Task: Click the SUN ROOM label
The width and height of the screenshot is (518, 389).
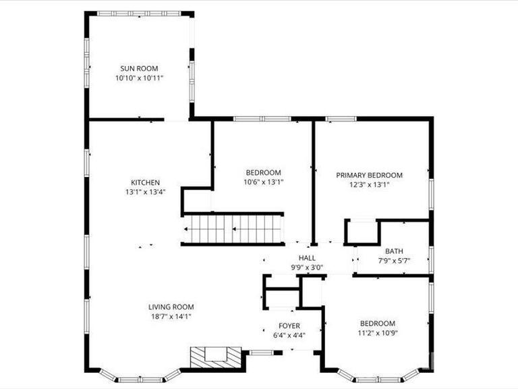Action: click(139, 68)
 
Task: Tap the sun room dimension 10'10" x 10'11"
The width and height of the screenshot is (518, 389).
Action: click(139, 78)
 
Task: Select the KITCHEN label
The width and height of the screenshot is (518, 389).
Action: click(145, 182)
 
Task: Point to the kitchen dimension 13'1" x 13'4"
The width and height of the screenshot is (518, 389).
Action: click(145, 192)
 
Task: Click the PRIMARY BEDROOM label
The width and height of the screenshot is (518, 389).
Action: click(369, 175)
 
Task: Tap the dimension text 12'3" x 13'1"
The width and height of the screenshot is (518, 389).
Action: click(369, 184)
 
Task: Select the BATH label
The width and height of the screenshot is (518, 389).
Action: click(394, 251)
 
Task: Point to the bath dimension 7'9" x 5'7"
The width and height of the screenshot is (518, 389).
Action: click(394, 261)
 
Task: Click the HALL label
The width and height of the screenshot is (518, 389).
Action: click(307, 258)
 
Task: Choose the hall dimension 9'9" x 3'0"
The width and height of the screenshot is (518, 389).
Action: click(307, 267)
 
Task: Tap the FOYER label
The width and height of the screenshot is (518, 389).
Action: click(289, 326)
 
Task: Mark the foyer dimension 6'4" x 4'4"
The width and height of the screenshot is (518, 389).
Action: click(289, 336)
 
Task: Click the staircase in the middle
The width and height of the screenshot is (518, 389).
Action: click(233, 229)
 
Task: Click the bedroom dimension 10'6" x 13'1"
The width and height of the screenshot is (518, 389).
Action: click(263, 182)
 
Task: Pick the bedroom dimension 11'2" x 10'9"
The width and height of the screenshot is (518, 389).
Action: click(377, 333)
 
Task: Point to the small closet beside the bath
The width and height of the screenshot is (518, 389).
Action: click(361, 232)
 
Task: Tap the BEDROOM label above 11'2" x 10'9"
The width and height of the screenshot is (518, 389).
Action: click(377, 323)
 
